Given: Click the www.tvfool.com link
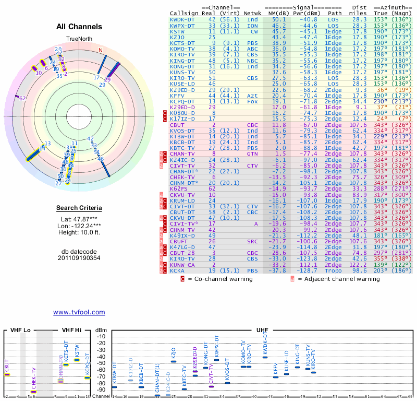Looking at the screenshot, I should click(x=79, y=312).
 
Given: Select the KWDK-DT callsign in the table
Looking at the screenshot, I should click(x=182, y=19).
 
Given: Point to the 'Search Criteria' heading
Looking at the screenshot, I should click(x=79, y=208).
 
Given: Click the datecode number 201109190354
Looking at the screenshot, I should click(x=79, y=258).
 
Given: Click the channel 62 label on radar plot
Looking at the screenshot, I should click(x=22, y=98).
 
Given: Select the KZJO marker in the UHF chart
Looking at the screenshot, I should click(x=174, y=361).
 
